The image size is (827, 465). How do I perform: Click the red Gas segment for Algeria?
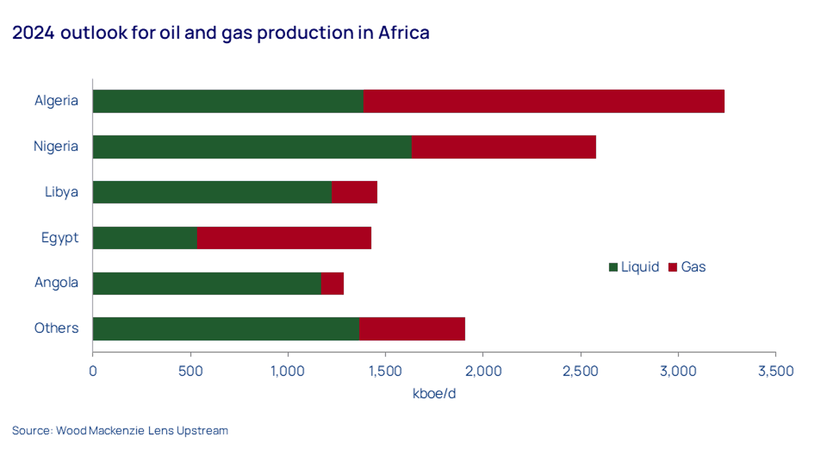544,101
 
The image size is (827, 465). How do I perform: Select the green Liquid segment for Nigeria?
252,147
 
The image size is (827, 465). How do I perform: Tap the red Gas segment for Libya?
354,192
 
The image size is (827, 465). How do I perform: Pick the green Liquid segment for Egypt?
145,238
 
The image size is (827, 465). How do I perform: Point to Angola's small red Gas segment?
332,283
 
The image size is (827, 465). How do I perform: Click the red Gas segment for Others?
412,329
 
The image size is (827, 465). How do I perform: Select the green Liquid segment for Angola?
207,283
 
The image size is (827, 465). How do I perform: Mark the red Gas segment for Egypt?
284,238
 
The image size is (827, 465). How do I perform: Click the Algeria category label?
57,101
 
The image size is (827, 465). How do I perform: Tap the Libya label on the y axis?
62,192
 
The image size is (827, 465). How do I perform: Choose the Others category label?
57,328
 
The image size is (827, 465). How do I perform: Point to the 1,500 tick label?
385,371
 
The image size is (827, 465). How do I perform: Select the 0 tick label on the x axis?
93,371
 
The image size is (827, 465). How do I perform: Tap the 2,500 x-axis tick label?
580,371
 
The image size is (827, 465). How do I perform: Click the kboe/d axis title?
434,394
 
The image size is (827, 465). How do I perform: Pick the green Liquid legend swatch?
613,267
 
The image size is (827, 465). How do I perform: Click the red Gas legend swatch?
673,267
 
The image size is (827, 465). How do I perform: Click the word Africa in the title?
404,33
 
